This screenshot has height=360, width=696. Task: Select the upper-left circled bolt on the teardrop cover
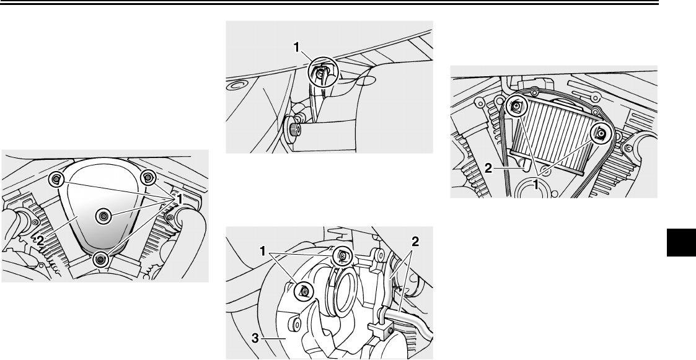(x=56, y=179)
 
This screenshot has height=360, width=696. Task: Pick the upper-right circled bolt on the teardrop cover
(x=148, y=178)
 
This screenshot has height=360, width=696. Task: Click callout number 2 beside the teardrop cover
(x=40, y=240)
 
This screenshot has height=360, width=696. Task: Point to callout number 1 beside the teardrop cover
(x=180, y=200)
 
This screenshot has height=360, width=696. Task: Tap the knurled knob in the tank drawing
(x=294, y=130)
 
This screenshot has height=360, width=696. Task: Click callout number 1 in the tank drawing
(x=297, y=48)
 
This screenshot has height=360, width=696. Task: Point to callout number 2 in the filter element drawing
(x=488, y=169)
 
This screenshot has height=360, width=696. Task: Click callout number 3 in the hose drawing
(x=255, y=338)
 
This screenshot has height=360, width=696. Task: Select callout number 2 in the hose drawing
(x=415, y=242)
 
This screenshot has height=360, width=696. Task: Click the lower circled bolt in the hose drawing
(x=304, y=291)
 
